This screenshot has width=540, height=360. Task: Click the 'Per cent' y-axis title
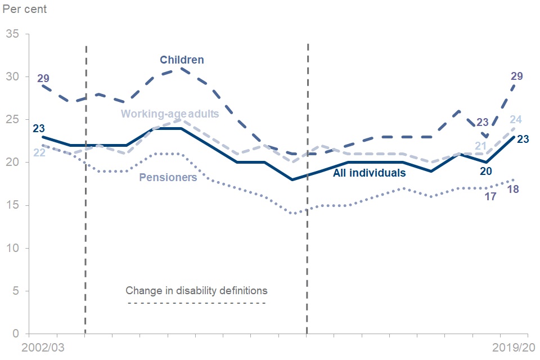[25, 9]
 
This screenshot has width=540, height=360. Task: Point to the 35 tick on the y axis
[12, 34]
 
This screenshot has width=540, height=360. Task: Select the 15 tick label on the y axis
[12, 205]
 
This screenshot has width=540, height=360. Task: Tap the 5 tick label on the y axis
[15, 291]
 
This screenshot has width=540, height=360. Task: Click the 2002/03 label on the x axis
[43, 348]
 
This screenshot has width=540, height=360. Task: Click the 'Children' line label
[182, 60]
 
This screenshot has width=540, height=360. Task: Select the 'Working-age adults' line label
[170, 114]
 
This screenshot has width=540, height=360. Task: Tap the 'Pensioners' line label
[168, 177]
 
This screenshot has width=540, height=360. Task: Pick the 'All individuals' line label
[369, 173]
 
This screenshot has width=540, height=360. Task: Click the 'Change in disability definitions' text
[196, 291]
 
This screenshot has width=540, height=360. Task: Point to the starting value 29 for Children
[43, 78]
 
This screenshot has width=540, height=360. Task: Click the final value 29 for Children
[516, 76]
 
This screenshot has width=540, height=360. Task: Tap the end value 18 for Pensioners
[512, 189]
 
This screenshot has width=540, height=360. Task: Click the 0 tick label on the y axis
[15, 334]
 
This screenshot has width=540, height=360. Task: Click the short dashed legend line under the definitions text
[196, 304]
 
